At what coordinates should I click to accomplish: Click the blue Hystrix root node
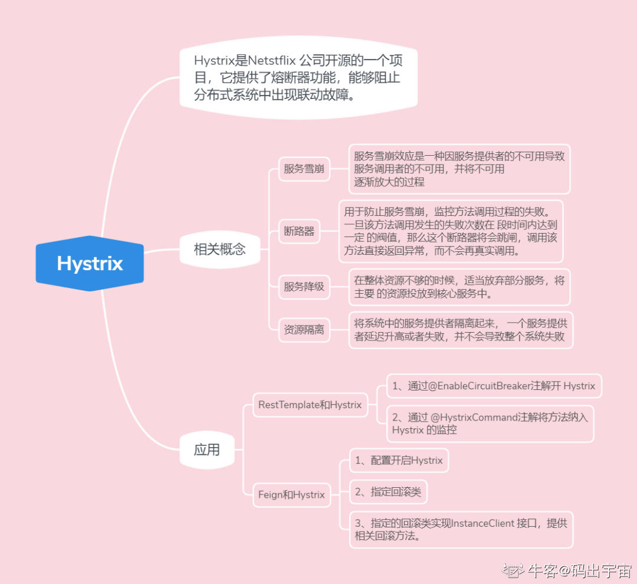(x=90, y=263)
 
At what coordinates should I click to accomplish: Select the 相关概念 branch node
(x=219, y=249)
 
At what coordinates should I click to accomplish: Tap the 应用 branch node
(x=206, y=450)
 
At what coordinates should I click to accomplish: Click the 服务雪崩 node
(x=304, y=169)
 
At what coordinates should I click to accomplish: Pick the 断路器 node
(x=300, y=231)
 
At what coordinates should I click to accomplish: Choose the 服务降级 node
(x=304, y=287)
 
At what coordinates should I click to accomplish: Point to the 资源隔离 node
(x=304, y=330)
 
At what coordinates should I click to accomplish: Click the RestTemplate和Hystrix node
(x=310, y=405)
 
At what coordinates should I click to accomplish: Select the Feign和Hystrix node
(x=291, y=494)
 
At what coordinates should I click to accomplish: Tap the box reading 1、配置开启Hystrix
(x=399, y=460)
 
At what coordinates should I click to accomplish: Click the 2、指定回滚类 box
(x=388, y=491)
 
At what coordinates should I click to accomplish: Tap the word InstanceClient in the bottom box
(x=482, y=523)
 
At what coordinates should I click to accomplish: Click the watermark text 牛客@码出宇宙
(x=578, y=570)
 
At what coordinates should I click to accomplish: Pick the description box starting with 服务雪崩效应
(x=459, y=169)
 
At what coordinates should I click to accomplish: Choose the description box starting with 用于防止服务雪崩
(x=451, y=231)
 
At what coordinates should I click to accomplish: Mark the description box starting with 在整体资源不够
(x=459, y=287)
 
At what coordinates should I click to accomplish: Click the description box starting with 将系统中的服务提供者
(x=460, y=330)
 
